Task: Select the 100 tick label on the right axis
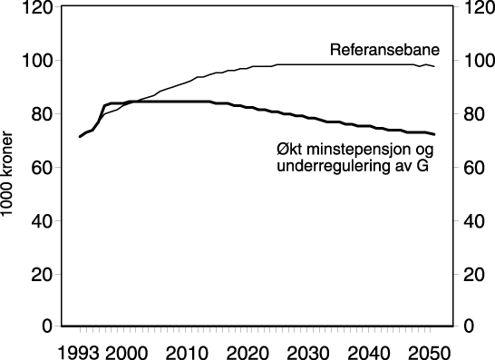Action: (x=474, y=62)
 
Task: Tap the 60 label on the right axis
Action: (x=471, y=168)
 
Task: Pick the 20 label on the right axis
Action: (x=471, y=274)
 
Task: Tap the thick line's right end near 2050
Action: (x=434, y=134)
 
